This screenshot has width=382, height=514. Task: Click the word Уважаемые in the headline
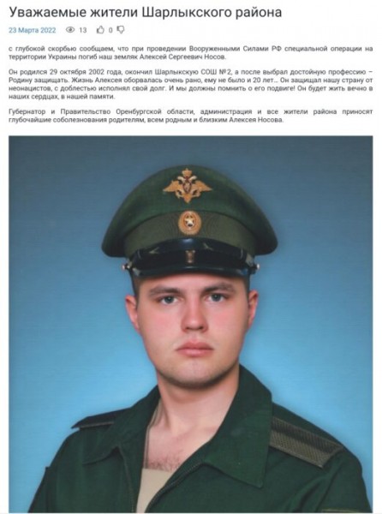[x=50, y=11]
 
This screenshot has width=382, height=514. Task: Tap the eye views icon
[x=70, y=30]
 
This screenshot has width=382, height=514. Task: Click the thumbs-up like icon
[x=100, y=30]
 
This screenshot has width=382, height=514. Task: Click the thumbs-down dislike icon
[x=121, y=30]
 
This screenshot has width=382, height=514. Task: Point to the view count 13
[x=83, y=30]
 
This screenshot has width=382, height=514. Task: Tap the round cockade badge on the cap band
[x=189, y=222]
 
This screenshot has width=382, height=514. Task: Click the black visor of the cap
[x=190, y=261]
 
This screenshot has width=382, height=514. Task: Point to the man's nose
[x=192, y=320]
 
